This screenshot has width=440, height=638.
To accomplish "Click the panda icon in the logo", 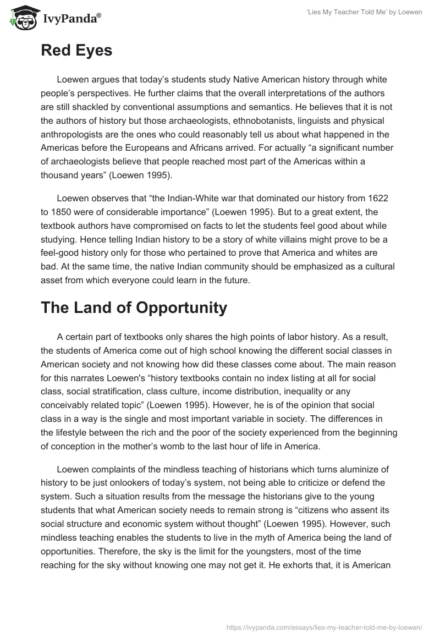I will coord(20,18).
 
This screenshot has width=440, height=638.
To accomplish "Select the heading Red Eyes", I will coord(76,50).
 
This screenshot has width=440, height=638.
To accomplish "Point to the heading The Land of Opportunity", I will coord(134,307).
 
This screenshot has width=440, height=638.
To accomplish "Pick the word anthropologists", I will coord(73,134).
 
